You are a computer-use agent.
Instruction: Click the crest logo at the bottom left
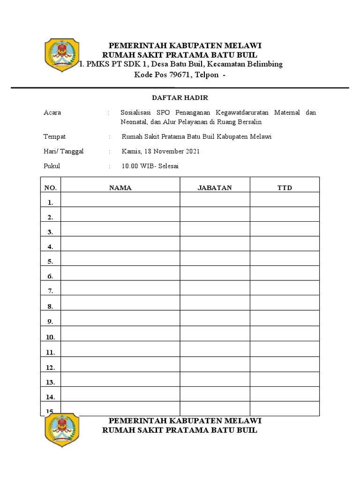(61, 431)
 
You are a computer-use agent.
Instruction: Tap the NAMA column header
(120, 187)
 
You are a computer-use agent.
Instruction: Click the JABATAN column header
(215, 187)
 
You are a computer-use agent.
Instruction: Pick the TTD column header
(285, 187)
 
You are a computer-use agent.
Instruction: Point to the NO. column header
(51, 187)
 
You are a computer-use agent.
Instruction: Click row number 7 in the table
(51, 291)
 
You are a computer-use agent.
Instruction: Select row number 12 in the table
(51, 367)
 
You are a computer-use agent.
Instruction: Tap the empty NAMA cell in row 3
(120, 229)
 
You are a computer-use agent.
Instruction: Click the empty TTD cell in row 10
(285, 334)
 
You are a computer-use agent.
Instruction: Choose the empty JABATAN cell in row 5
(215, 259)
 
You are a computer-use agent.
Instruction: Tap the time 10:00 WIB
(140, 166)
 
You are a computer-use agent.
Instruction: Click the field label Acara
(52, 112)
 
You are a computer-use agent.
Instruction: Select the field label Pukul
(52, 166)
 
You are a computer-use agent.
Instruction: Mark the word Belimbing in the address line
(266, 64)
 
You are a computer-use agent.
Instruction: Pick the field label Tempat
(54, 136)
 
